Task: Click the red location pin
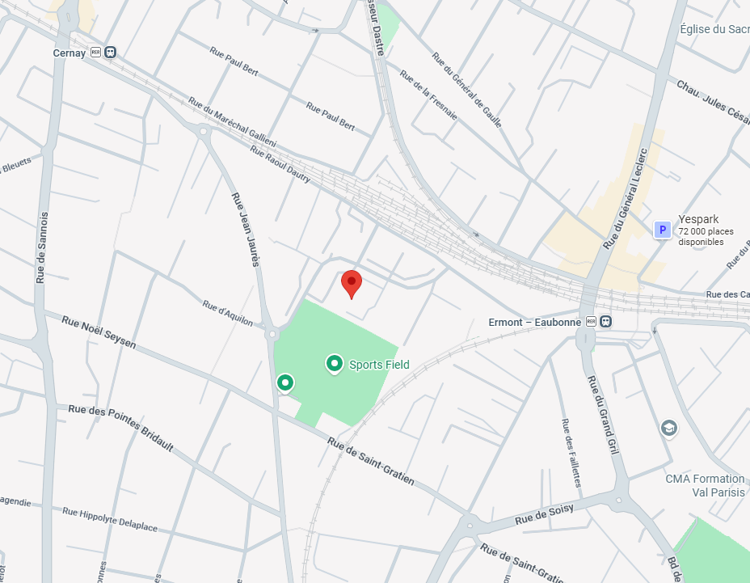click(352, 283)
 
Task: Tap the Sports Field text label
click(379, 365)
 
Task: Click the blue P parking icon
click(663, 230)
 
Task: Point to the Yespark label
click(698, 219)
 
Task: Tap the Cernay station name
click(70, 53)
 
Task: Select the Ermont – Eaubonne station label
click(535, 322)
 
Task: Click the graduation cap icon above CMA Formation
click(668, 427)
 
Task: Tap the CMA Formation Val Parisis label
click(705, 485)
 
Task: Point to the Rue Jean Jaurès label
click(245, 230)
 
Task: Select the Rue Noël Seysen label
click(99, 332)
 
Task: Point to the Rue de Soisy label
click(544, 513)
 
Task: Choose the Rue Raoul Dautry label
click(280, 164)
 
